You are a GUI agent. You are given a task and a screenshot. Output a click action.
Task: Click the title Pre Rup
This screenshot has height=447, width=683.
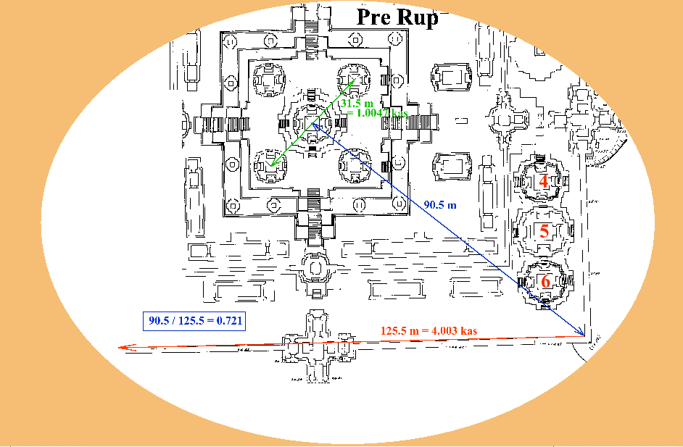click(x=397, y=17)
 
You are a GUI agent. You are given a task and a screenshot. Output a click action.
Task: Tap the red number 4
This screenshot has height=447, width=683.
click(x=544, y=181)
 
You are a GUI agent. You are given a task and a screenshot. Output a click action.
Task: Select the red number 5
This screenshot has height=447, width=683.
click(x=545, y=232)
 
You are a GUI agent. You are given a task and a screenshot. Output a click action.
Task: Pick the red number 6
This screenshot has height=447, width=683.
click(x=546, y=281)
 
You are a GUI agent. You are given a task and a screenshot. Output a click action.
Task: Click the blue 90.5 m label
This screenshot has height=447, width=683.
click(x=440, y=205)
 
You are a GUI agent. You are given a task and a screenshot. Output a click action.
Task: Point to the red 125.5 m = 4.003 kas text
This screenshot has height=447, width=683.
click(x=429, y=331)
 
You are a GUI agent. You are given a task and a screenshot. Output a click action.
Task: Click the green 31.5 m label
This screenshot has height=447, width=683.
click(x=355, y=104)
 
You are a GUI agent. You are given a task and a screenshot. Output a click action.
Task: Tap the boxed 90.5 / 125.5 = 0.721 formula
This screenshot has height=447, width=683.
click(x=194, y=320)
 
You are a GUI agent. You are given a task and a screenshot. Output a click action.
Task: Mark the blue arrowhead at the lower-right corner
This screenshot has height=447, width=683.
click(x=582, y=333)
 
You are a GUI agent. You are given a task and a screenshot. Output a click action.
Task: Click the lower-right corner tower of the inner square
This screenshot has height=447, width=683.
click(x=355, y=166)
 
